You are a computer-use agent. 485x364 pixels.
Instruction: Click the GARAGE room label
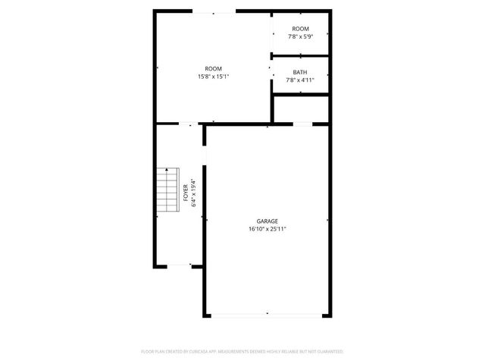[267, 221]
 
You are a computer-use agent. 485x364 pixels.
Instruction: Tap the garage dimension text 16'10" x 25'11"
[267, 228]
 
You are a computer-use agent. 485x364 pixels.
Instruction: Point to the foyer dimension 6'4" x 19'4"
[194, 193]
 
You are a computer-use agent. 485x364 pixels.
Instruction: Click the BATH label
[300, 72]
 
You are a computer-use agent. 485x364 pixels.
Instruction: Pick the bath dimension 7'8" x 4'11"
[300, 80]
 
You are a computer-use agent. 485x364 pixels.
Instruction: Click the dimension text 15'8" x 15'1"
[213, 76]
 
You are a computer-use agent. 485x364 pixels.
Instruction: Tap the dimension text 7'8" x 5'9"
[300, 36]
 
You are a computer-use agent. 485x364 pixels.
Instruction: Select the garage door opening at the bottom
[267, 315]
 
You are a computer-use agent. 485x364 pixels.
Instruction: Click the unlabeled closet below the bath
[301, 108]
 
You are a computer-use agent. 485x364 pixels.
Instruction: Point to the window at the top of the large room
[213, 12]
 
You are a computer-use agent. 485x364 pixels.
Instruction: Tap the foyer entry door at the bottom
[179, 265]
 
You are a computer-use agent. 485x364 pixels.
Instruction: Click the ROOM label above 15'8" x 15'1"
[213, 68]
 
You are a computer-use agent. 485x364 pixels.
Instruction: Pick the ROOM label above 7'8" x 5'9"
[300, 29]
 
